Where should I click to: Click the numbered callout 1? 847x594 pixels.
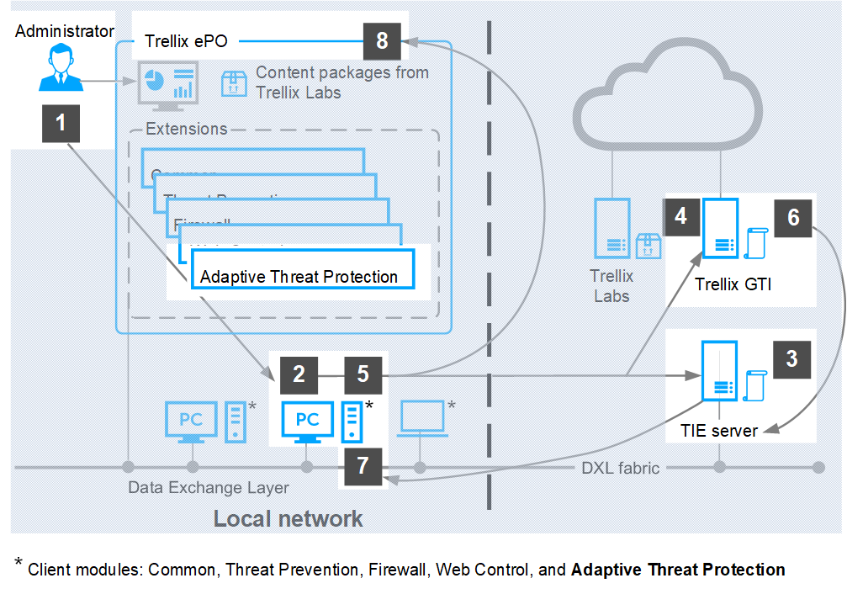[61, 124]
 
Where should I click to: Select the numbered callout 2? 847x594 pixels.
[299, 374]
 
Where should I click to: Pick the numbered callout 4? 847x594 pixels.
[680, 216]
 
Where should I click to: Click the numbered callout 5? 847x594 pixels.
[363, 374]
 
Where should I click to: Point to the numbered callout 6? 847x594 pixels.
[793, 216]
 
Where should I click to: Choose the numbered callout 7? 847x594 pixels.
[363, 466]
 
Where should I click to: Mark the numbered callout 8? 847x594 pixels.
[383, 40]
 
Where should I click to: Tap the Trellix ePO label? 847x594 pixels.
[186, 41]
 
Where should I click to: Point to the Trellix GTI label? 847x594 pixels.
[733, 284]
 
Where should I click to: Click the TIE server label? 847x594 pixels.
[719, 431]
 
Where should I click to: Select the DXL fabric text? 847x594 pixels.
[621, 467]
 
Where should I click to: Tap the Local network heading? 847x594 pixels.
[288, 517]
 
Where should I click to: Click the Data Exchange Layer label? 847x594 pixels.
[209, 487]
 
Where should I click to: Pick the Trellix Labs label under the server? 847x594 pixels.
[611, 286]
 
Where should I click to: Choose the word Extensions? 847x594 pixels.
[186, 129]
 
